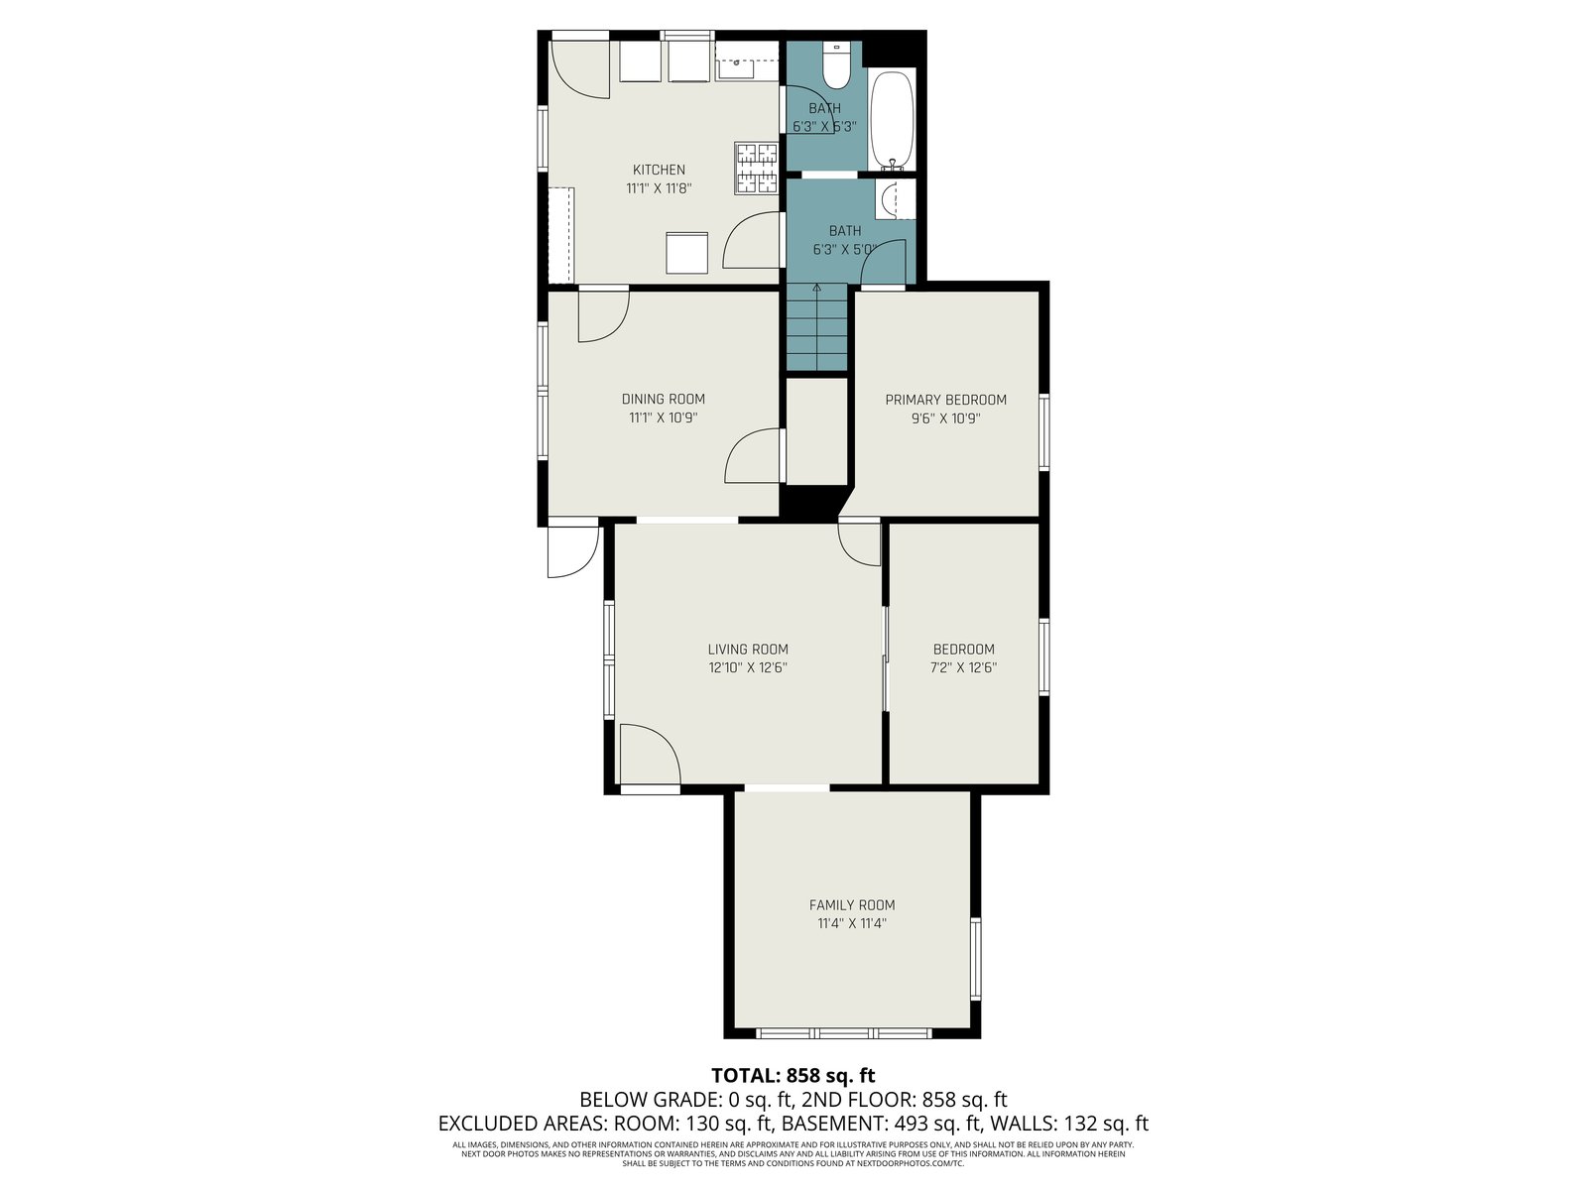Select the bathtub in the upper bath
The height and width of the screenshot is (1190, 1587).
point(892,120)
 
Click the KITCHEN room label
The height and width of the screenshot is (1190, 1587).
point(659,170)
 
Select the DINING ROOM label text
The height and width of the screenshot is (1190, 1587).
point(663,399)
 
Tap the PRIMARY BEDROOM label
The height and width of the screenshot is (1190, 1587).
point(945,400)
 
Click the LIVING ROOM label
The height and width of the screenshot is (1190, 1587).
point(748,649)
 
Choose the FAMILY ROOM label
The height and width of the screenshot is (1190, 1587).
point(852,904)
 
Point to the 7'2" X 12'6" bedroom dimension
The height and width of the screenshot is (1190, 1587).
point(963,667)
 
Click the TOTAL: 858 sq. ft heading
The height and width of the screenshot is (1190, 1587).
point(793,1075)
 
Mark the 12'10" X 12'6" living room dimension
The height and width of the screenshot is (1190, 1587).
point(748,667)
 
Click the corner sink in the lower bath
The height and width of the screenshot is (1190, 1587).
point(887,199)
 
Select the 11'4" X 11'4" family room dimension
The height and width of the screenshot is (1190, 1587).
point(852,922)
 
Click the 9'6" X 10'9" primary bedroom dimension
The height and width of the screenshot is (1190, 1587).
point(945,418)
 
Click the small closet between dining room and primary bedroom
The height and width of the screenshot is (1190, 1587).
point(816,431)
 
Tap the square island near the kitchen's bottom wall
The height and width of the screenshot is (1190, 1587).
point(686,253)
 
